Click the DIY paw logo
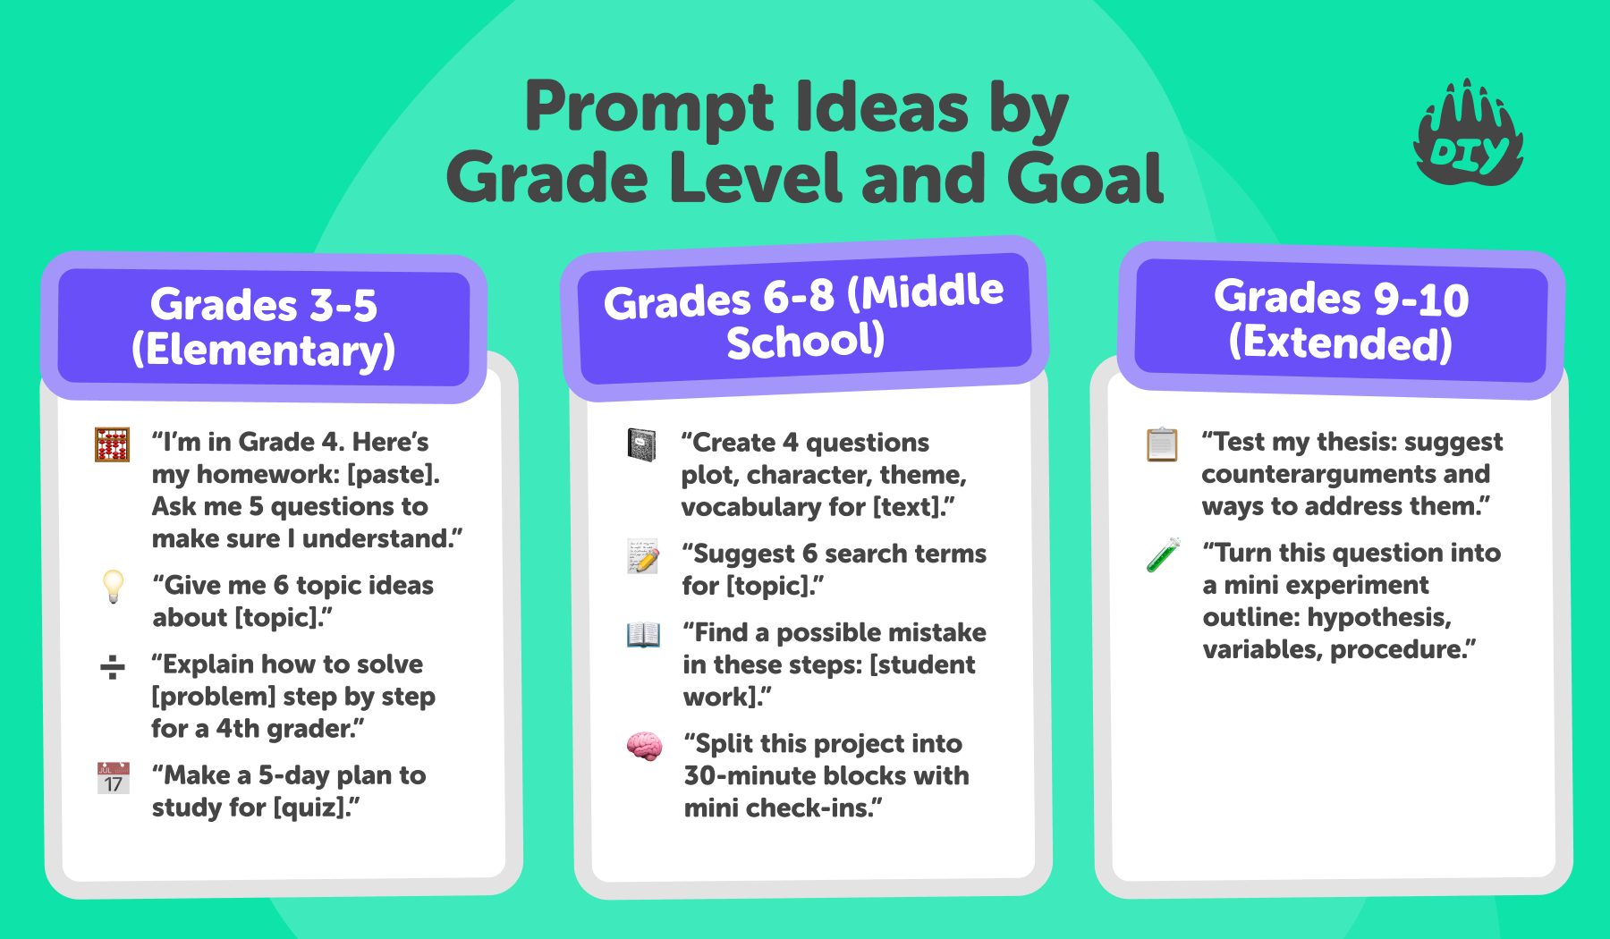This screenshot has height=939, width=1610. [1468, 134]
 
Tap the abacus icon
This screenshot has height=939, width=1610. [113, 444]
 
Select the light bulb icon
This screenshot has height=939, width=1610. [113, 587]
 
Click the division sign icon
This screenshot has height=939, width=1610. [113, 666]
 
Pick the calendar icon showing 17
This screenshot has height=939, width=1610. [114, 778]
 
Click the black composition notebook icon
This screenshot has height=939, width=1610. [641, 444]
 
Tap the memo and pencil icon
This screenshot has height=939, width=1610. [643, 556]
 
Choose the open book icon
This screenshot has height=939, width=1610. [643, 634]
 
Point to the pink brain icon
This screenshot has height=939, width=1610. [644, 746]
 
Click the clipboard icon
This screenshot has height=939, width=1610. [1162, 444]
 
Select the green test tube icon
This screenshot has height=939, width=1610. [1164, 555]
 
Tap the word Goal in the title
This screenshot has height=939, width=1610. [1085, 178]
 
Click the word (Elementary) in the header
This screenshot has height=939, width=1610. [264, 350]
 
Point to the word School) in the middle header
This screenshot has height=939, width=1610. [806, 341]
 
